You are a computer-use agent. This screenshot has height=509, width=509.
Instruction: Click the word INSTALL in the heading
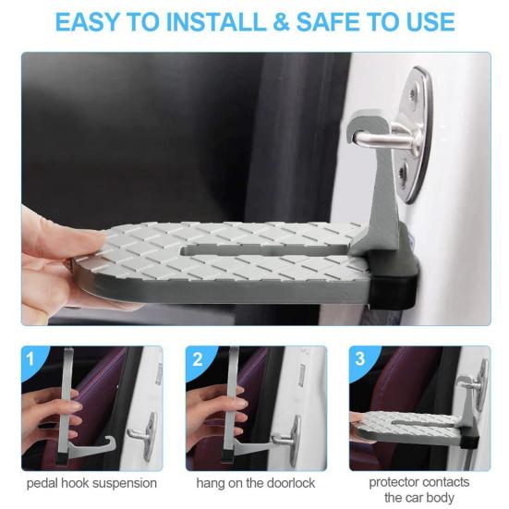pos(217,22)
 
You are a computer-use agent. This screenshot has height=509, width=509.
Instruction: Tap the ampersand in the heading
pos(282,22)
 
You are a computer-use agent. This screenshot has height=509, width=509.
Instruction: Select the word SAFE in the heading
pos(328,22)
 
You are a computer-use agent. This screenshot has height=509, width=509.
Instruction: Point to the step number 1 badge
pos(30,358)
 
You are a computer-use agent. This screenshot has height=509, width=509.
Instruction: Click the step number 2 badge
pos(197,359)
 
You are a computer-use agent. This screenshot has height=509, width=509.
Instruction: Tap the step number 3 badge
pos(359,358)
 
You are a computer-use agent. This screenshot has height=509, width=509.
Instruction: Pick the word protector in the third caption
pos(393,483)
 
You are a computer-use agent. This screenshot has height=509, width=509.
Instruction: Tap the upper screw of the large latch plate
pos(413,94)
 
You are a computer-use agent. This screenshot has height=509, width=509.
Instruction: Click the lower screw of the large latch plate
pos(404,169)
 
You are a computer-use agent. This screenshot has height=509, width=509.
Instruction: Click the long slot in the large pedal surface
pos(263,250)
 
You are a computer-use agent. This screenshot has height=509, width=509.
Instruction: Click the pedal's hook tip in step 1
pos(112,442)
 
